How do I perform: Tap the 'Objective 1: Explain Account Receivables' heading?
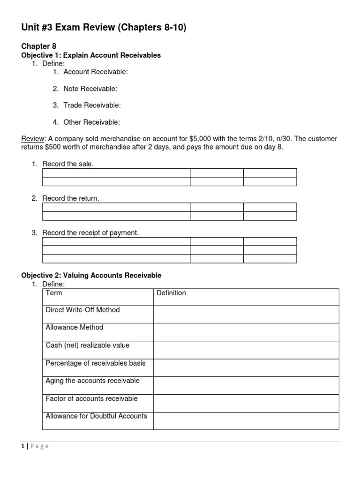(91, 55)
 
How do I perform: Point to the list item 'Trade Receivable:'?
(92, 105)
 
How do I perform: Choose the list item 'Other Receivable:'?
(91, 122)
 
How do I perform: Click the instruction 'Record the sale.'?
(68, 164)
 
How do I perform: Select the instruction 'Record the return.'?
(70, 198)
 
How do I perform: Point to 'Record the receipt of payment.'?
(90, 232)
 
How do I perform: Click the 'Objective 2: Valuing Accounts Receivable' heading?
(91, 275)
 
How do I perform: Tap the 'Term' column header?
(54, 293)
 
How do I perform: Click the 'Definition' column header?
(171, 293)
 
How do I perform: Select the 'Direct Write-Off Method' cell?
(82, 310)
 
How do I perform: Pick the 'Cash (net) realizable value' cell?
(87, 345)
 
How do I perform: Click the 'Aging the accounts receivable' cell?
(92, 381)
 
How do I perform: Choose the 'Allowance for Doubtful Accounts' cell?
(96, 416)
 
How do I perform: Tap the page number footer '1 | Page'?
(35, 446)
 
